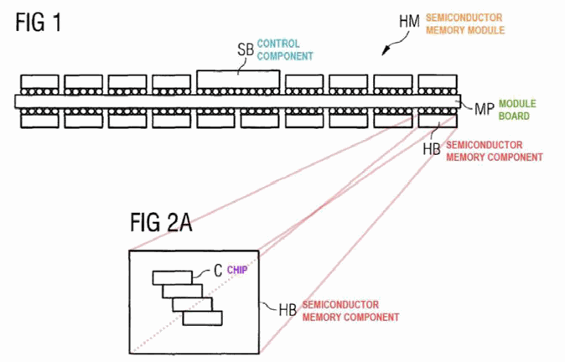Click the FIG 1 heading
click(39, 23)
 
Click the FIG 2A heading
click(161, 222)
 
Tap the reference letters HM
click(409, 22)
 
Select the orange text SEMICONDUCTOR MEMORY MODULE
click(465, 23)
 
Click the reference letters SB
click(246, 49)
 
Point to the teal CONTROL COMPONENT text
click(285, 50)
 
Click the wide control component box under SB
click(238, 80)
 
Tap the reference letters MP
click(484, 109)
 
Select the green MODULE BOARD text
click(517, 110)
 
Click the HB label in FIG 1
click(432, 149)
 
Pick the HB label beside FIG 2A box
click(288, 310)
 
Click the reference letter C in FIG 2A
click(218, 271)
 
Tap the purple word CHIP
click(237, 270)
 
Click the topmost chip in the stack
click(172, 277)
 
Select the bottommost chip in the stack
click(202, 318)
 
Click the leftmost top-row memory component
click(39, 82)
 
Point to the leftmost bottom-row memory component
click(39, 121)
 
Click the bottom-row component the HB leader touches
click(438, 121)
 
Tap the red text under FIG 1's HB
click(495, 152)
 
